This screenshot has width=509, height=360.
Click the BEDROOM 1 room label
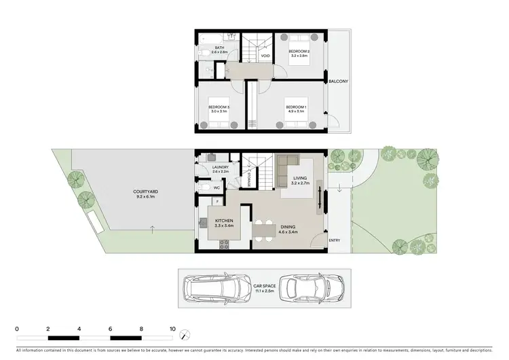296,107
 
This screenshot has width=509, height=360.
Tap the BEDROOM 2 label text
299,52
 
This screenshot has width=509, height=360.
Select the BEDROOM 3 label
219,107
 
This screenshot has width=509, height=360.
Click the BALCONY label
338,82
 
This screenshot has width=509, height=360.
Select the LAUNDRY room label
220,167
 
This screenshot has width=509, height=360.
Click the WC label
216,187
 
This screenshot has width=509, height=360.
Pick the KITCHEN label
225,221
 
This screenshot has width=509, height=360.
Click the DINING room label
288,228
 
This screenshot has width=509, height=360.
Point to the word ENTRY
334,240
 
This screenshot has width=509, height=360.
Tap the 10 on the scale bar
172,328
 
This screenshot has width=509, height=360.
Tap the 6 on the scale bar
110,328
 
